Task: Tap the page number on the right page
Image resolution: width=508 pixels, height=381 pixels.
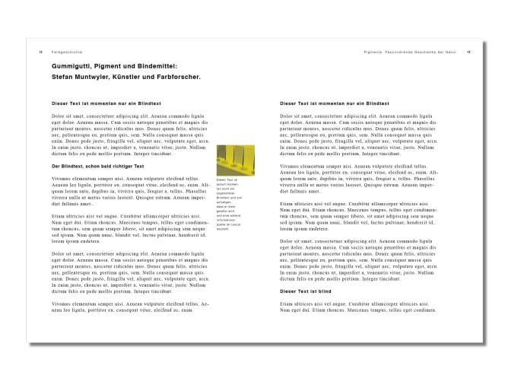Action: [469, 52]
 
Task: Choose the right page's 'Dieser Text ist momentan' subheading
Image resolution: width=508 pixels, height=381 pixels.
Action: [325, 102]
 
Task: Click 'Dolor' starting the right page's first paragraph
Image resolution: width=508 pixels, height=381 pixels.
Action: [287, 115]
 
